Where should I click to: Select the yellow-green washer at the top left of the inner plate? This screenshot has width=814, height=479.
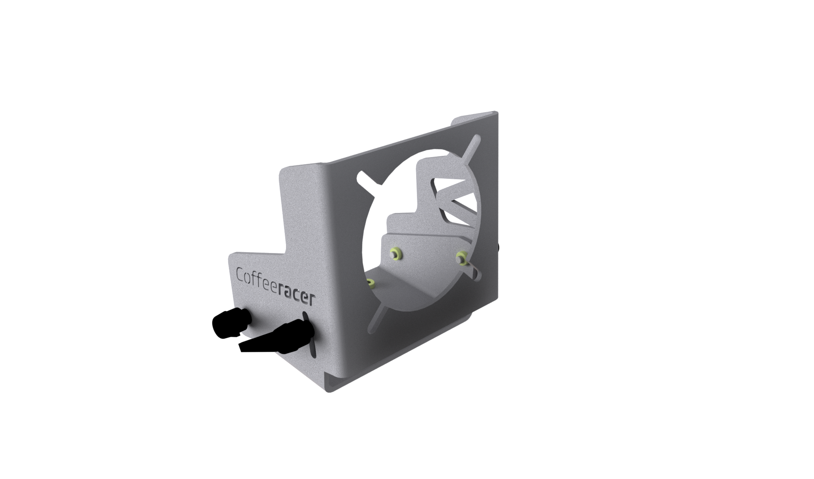[x=395, y=252]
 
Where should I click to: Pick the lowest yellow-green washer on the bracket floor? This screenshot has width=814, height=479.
[x=371, y=283]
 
